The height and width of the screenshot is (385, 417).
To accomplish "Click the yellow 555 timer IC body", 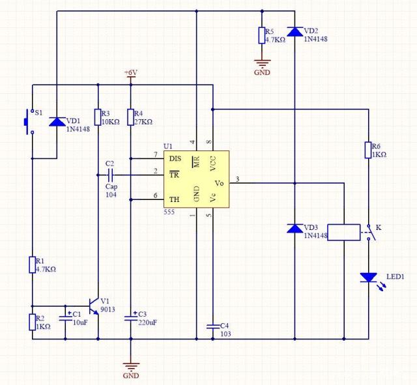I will tap(195, 179).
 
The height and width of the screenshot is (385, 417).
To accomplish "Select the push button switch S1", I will tap(27, 122).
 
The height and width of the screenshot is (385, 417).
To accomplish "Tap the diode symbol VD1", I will tap(57, 122).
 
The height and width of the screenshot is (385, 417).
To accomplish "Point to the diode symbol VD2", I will tap(295, 31).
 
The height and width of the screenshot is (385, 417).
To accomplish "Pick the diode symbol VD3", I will tap(295, 229).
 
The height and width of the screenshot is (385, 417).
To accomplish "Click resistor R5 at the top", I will tap(262, 35).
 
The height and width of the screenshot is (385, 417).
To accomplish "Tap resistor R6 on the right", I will tap(368, 150).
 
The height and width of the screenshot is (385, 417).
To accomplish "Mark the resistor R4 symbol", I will tap(130, 117).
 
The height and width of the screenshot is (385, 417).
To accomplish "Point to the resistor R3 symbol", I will tap(98, 117).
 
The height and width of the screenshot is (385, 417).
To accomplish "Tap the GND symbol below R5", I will tap(262, 65).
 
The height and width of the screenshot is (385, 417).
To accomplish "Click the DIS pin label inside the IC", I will tap(175, 158).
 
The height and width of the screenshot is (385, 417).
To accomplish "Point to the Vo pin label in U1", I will tap(220, 184).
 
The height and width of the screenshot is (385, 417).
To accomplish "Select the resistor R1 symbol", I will tap(32, 264).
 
